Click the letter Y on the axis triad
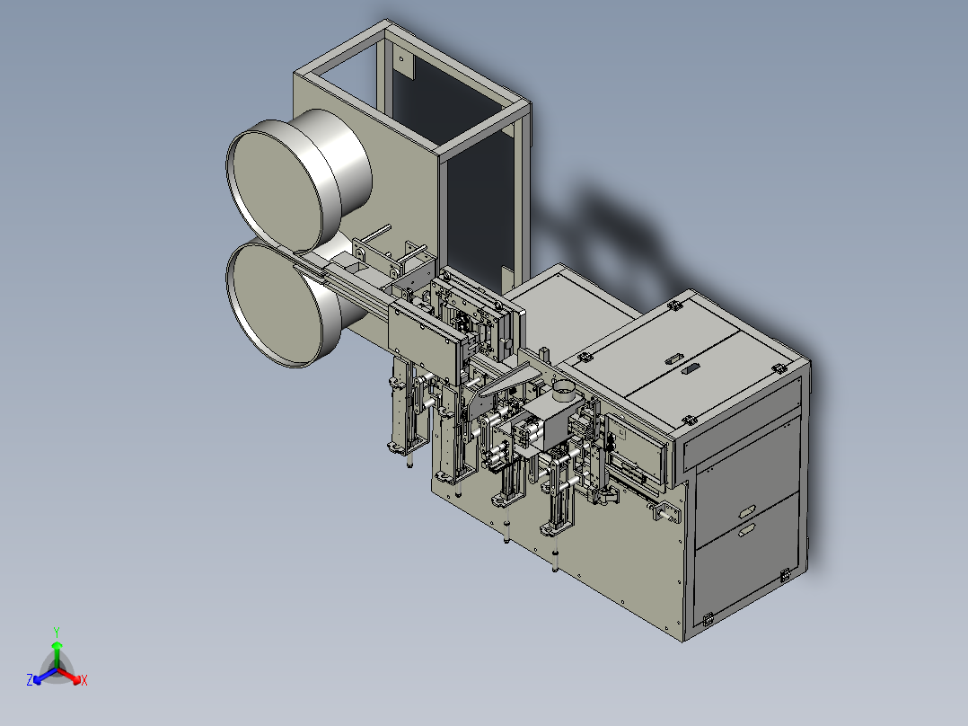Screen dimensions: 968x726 point(57,632)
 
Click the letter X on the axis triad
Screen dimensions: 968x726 point(84,680)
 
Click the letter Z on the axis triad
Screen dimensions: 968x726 point(30,679)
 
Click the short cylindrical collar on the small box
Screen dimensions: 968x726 point(564,390)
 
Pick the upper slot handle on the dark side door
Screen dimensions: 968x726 point(746,511)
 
